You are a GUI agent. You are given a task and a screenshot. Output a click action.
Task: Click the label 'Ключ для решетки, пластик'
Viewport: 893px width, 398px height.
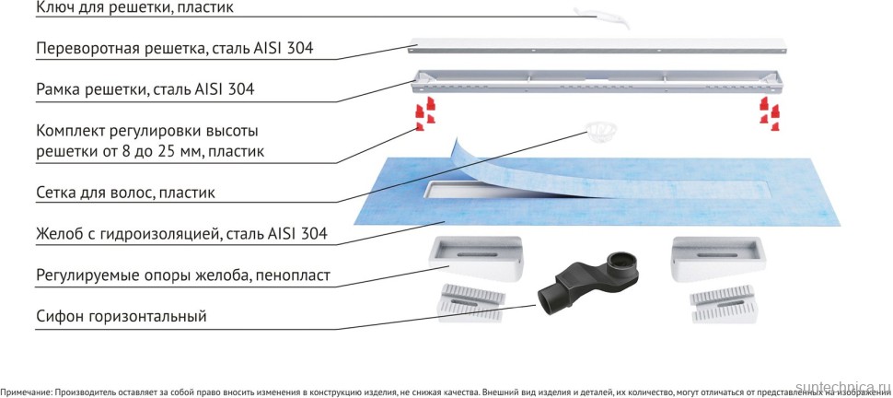tap(135, 8)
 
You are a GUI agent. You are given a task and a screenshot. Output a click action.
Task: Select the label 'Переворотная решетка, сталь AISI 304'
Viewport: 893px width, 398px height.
tap(175, 48)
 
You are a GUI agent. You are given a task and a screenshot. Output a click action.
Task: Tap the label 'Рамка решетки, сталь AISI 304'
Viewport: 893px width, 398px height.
tap(145, 89)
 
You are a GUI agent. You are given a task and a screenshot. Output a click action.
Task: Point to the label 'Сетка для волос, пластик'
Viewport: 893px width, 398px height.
tap(126, 193)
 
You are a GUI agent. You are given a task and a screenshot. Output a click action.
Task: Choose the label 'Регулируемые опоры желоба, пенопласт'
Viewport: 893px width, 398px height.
tap(183, 275)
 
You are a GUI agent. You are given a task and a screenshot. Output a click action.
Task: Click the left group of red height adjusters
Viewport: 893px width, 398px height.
tap(424, 116)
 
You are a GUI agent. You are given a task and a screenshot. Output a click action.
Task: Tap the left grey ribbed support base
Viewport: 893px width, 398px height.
tap(470, 302)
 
